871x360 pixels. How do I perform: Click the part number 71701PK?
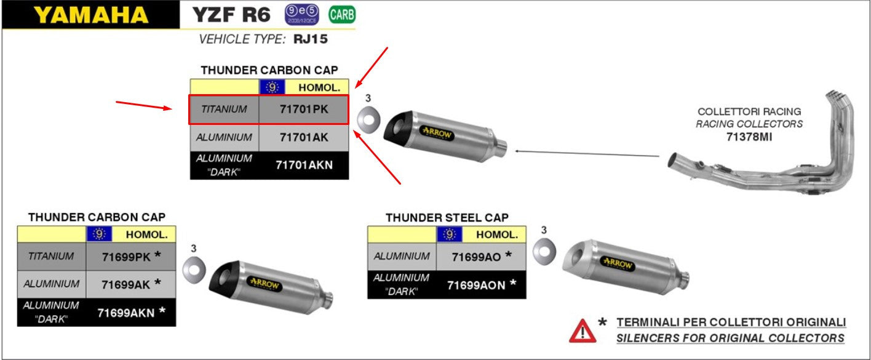tap(304, 110)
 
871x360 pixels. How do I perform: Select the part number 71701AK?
tap(304, 138)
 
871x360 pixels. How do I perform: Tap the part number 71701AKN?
tap(304, 165)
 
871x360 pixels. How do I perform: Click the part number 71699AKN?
tap(125, 313)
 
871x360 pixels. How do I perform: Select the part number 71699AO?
tap(476, 256)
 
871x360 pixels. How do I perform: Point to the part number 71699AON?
tap(476, 285)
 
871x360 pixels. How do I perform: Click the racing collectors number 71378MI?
tap(749, 137)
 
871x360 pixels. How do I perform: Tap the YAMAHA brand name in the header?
tap(91, 15)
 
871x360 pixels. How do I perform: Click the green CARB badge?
tap(342, 14)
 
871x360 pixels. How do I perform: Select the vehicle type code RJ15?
tap(311, 40)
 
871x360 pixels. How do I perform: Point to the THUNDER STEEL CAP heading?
tap(447, 218)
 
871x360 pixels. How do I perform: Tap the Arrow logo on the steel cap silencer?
tap(617, 263)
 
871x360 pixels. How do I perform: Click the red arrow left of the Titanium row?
tap(143, 106)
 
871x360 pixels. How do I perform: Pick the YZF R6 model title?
tap(231, 15)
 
